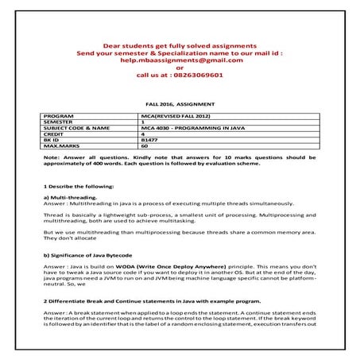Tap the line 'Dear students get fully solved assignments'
point(179,45)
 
